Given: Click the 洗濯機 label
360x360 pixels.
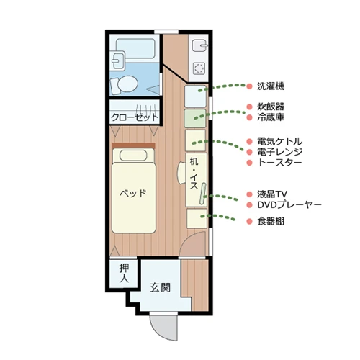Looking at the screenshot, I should point(270,86).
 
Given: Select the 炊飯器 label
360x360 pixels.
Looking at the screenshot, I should point(270,105).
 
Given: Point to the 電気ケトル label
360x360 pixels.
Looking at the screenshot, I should point(279,141).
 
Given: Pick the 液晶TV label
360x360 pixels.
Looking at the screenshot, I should point(272,194).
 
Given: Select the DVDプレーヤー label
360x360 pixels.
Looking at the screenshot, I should point(289,205).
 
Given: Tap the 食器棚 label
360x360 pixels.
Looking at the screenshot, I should point(270,222).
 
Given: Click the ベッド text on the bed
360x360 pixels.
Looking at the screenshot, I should point(133,193).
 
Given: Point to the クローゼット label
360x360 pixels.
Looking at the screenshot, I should point(135,116).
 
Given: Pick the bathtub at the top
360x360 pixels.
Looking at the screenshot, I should point(135,50).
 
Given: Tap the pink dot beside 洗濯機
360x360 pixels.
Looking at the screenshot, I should point(249,86).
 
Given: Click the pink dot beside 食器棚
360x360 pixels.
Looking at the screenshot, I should point(249,222).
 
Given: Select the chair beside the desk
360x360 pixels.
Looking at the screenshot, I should point(181,173).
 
